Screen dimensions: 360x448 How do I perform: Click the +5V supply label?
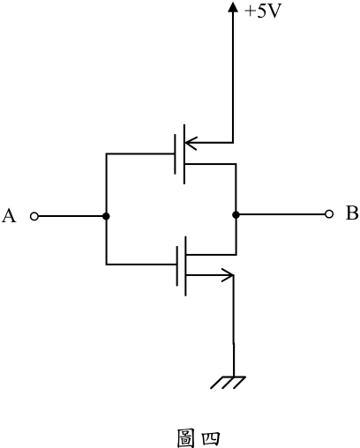pos(263,11)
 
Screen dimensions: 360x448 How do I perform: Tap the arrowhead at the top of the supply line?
pos(233,7)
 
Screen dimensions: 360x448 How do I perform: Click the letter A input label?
pos(9,216)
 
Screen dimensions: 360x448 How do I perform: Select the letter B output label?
pos(352,213)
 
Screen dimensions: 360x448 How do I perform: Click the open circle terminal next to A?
pos(34,217)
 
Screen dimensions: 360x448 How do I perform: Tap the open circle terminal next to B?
pos(329,214)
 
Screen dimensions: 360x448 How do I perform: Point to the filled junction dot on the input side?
pos(106,216)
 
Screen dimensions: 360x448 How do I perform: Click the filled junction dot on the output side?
pos(236,215)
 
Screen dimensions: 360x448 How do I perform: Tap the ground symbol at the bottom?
pos(228,383)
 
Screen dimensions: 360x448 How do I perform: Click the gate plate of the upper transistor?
pos(176,154)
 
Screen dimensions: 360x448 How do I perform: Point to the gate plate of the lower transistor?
pos(177,266)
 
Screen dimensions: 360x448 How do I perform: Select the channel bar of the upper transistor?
pos(184,154)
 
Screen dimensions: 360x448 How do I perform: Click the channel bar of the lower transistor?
pos(185,266)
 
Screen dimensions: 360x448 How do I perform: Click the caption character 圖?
pos(185,438)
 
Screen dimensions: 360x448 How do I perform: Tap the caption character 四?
pos(211,438)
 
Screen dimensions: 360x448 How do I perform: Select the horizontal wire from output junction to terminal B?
pos(282,214)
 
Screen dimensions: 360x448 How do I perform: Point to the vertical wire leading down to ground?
pos(234,325)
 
